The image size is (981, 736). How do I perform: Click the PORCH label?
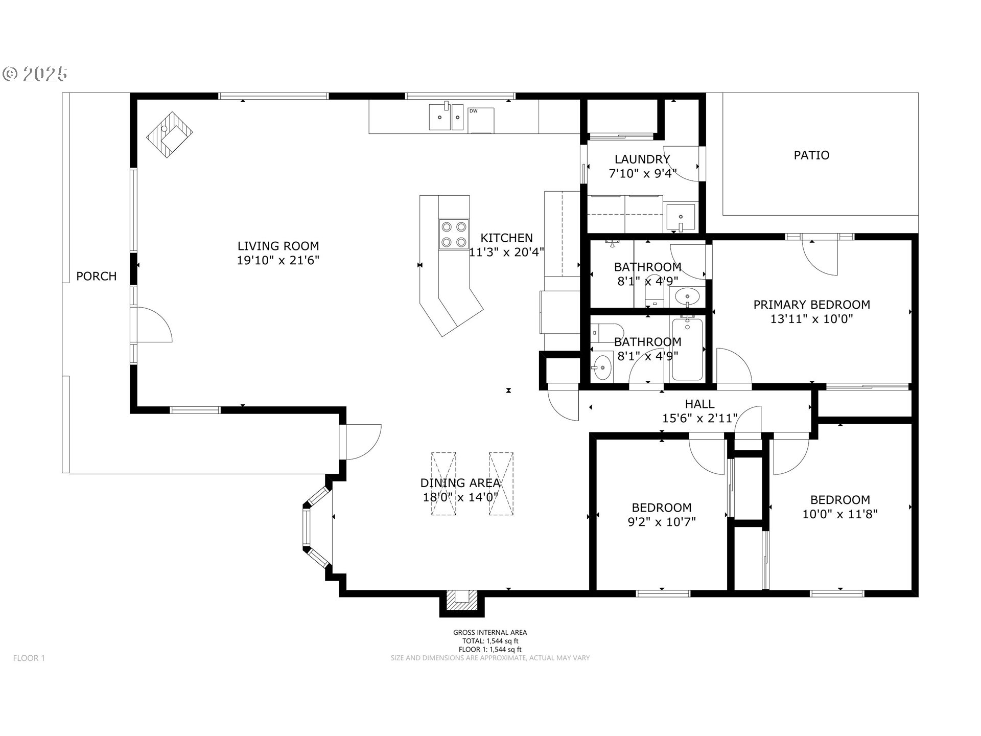coord(96,277)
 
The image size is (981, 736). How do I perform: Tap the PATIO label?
coord(811,155)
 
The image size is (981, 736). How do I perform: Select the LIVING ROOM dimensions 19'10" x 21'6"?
coord(278,261)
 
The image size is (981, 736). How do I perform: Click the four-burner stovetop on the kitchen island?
coord(454,234)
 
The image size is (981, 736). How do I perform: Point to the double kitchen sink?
coord(446,117)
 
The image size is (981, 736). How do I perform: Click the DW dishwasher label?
coord(473,111)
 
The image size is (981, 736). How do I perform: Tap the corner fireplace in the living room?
coord(170,135)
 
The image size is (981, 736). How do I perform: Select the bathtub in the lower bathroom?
coord(687,348)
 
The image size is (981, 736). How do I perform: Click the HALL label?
coord(699,404)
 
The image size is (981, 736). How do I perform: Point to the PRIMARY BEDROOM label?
coord(811,305)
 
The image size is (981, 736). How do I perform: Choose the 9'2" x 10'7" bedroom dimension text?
coord(662,522)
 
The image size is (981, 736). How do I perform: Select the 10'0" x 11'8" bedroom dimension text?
coord(840,514)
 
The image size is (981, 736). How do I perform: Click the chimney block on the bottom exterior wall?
coord(462,603)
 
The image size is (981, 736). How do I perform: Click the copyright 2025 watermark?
coord(35,74)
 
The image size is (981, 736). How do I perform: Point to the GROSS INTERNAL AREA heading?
coord(490,632)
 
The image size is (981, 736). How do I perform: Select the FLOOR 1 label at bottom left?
coord(29,658)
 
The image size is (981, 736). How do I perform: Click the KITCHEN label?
coord(507,238)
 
